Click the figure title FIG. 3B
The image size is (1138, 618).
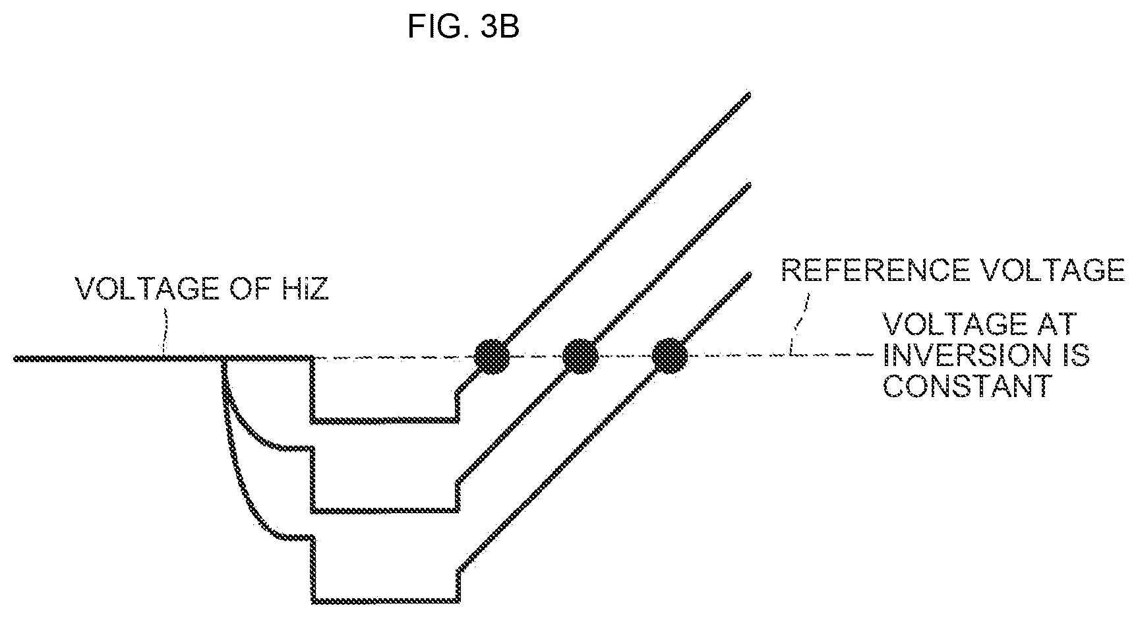pos(464,28)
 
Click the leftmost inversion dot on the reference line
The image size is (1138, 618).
pos(493,357)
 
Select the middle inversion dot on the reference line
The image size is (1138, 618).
pos(580,357)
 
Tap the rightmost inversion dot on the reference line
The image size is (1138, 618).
pos(670,357)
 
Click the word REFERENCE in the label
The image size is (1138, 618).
pos(872,270)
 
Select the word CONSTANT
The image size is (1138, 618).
pos(966,386)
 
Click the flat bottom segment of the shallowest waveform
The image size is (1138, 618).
pos(384,419)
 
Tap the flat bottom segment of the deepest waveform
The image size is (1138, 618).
pos(386,601)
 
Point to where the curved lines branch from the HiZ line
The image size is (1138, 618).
pos(224,359)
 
